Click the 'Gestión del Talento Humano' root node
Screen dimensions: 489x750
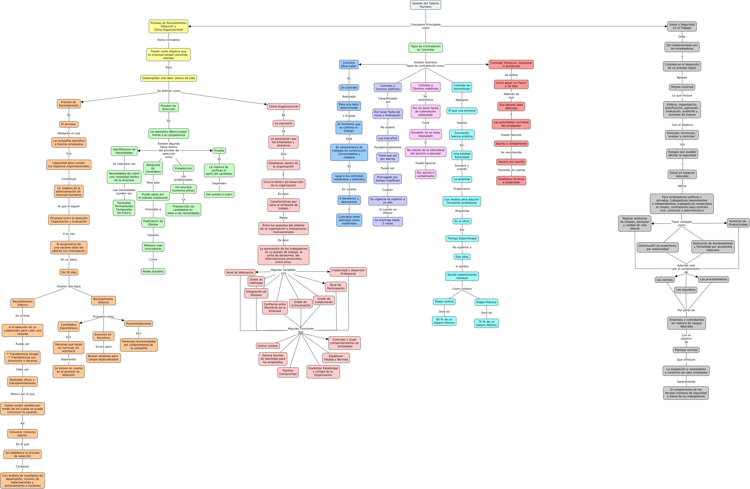425,5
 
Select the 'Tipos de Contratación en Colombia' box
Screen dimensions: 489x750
425,48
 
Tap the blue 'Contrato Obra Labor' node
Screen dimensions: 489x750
349,64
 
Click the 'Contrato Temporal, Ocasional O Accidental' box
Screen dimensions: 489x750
511,64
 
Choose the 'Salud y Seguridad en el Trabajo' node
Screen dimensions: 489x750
682,26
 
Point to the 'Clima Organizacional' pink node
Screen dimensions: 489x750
283,106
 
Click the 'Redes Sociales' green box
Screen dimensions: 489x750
153,271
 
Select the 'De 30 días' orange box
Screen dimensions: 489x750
69,272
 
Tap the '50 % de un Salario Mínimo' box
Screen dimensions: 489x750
444,321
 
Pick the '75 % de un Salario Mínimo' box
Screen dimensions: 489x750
486,323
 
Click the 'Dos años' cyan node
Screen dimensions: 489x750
462,257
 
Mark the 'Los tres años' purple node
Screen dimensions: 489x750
388,138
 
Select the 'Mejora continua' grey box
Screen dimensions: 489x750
682,87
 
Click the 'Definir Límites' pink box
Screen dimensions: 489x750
268,346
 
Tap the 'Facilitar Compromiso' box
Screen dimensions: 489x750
288,372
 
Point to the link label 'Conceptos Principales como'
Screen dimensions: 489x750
425,26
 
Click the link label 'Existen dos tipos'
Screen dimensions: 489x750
69,286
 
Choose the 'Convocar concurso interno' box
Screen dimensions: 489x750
22,433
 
